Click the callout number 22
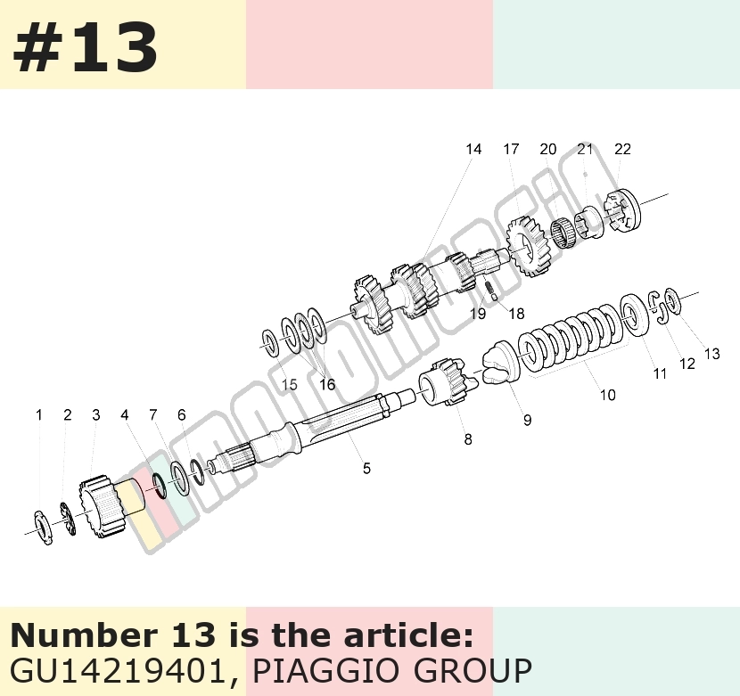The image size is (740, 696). pos(622,149)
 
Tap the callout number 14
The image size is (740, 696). pos(473,149)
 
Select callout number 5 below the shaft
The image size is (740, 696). pos(366,468)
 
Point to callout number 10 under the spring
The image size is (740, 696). pos(608,395)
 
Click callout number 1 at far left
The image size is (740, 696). pos(39,414)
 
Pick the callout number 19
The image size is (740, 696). pos(478,314)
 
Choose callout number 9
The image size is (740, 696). pos(527,420)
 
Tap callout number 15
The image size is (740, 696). pos(289,385)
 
